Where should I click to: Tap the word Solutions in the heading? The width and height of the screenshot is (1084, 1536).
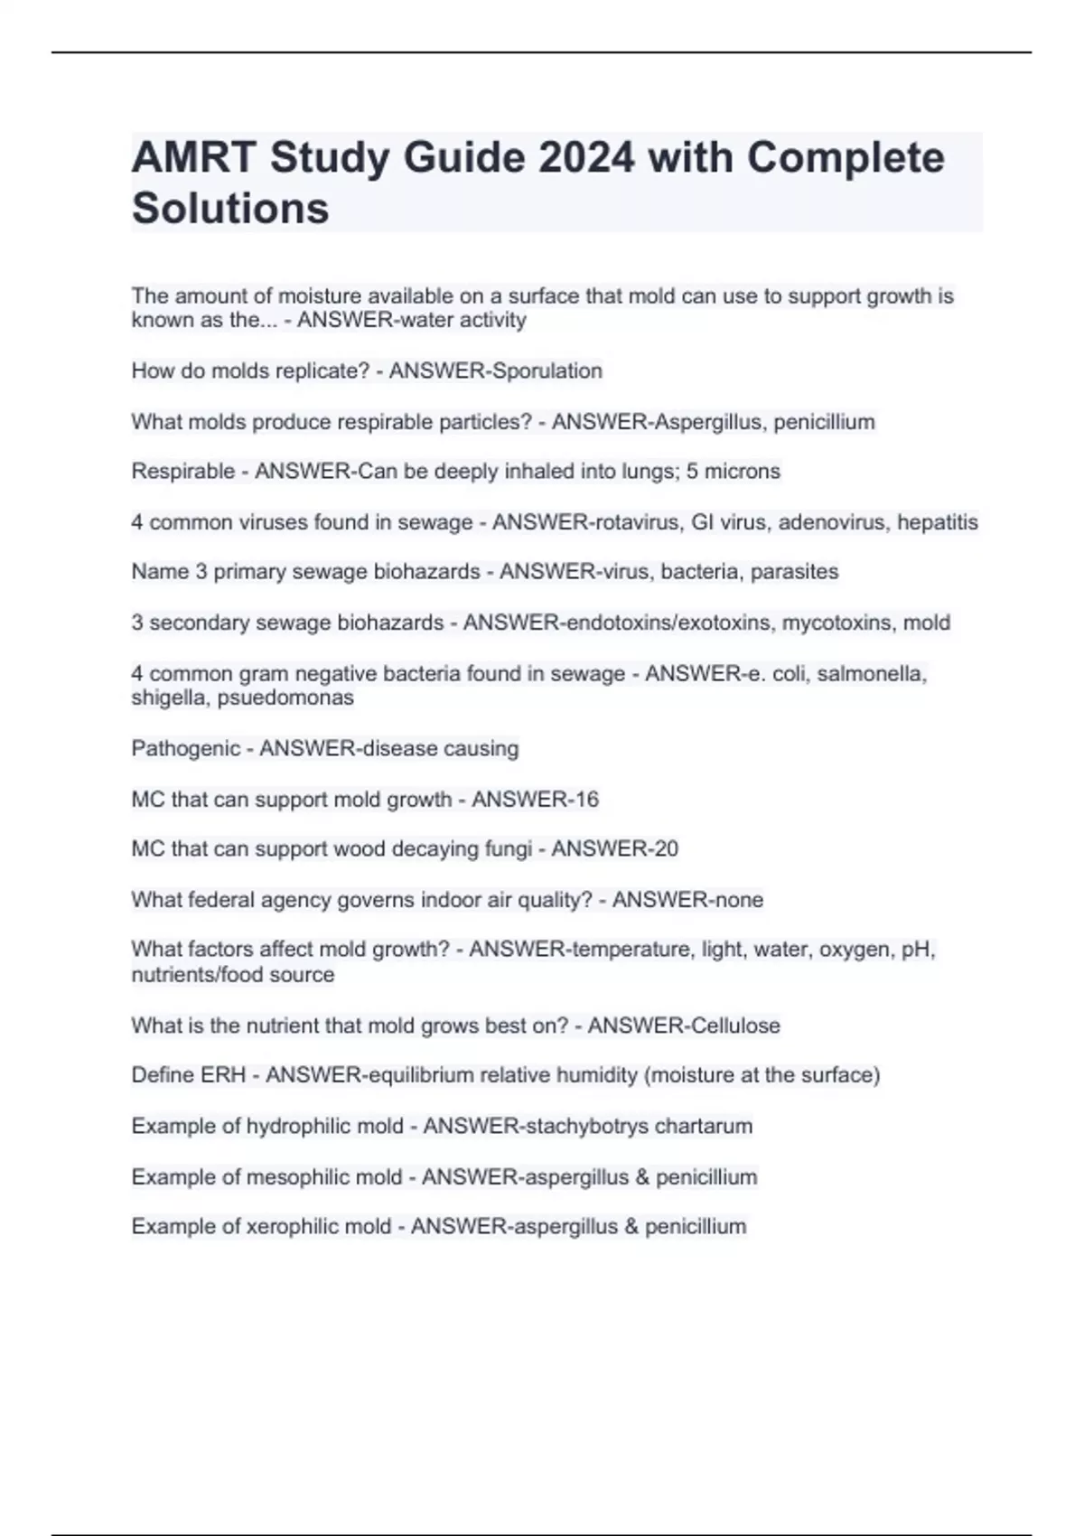click(x=230, y=208)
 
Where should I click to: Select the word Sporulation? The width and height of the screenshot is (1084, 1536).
click(x=549, y=370)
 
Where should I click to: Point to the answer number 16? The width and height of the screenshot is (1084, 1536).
click(x=586, y=800)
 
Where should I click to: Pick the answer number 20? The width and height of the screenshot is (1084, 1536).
click(x=666, y=849)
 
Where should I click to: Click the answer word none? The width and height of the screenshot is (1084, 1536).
click(x=738, y=900)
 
